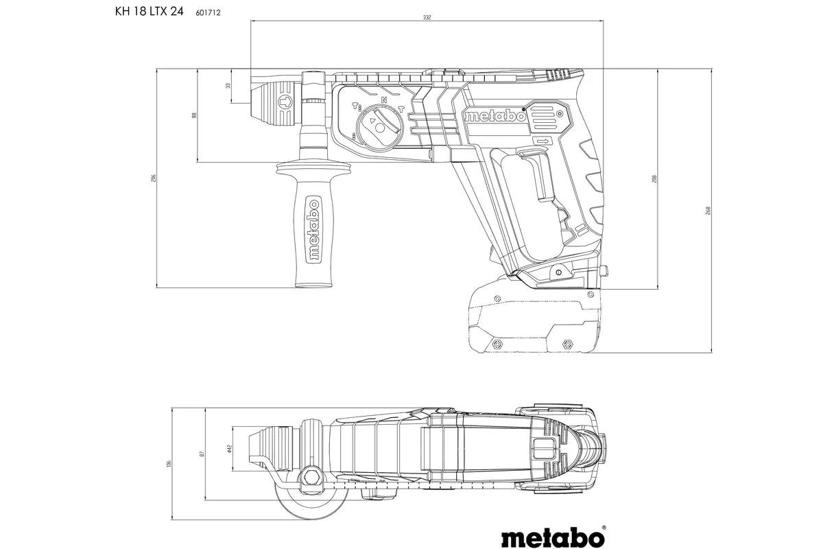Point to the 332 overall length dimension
pyautogui.click(x=427, y=17)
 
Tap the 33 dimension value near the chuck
pyautogui.click(x=228, y=86)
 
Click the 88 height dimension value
pyautogui.click(x=194, y=116)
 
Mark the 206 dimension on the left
pyautogui.click(x=154, y=178)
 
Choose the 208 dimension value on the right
pyautogui.click(x=655, y=178)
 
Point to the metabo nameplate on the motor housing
pyautogui.click(x=495, y=117)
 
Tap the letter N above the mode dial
pyautogui.click(x=383, y=100)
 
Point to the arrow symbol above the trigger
pyautogui.click(x=542, y=141)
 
